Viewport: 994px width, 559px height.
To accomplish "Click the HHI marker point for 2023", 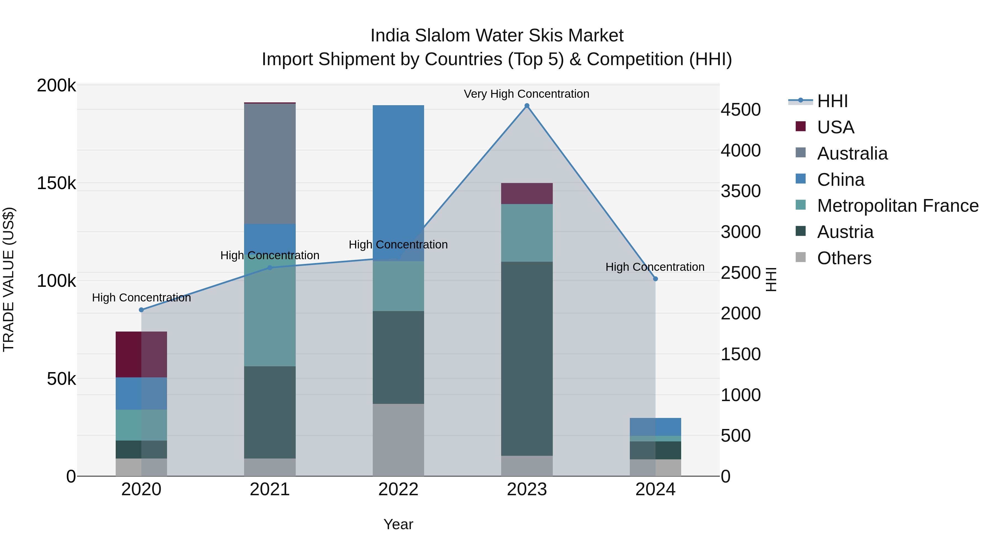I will point(527,106).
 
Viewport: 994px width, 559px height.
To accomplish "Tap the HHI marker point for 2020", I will point(141,310).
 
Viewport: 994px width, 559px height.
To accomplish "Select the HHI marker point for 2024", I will point(655,279).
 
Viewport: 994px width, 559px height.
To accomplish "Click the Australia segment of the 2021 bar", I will point(270,164).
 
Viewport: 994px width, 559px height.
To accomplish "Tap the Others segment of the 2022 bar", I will point(398,440).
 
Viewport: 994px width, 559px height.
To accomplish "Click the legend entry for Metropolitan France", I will point(898,206).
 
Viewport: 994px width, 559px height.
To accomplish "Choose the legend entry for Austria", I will point(845,232).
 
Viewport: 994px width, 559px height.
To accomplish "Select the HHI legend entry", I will point(832,101).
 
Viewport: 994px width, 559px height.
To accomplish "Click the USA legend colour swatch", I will point(801,126).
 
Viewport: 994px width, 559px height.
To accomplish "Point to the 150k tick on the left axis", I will point(56,183).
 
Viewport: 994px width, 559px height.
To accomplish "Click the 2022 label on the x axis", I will point(398,489).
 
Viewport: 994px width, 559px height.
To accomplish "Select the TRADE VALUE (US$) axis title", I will point(9,279).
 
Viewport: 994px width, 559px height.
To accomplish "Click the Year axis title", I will point(398,524).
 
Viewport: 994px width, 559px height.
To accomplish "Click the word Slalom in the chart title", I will point(442,36).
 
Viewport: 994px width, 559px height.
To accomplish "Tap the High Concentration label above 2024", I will point(655,267).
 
